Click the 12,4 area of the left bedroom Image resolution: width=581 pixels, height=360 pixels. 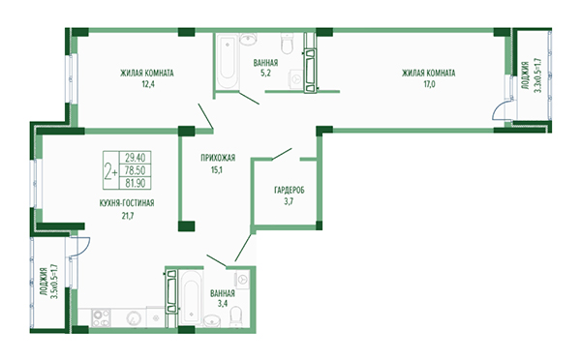coord(147,84)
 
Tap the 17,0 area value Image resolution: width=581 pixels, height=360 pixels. coord(429,84)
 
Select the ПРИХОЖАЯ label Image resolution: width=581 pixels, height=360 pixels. coord(218,158)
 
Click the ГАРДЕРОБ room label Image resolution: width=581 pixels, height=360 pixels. coord(290,191)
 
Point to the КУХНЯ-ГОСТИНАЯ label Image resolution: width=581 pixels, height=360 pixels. coord(127,203)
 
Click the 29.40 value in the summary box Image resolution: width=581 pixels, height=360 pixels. coord(135,158)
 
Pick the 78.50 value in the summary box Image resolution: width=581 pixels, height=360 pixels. coord(135,170)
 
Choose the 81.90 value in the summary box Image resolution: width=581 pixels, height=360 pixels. coord(135,183)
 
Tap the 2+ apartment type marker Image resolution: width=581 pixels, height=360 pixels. coord(110,171)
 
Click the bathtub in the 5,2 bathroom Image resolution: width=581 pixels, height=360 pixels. coord(228,62)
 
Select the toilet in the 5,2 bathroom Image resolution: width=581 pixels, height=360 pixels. coord(288,43)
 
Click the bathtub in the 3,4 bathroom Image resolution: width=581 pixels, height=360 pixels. coord(191,297)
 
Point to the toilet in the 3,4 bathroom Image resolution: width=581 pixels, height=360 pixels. coord(235,317)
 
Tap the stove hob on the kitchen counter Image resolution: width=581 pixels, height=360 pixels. coord(101,317)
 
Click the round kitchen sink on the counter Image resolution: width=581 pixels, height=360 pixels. coord(133,317)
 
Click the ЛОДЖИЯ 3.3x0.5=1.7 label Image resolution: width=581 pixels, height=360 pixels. coord(532,77)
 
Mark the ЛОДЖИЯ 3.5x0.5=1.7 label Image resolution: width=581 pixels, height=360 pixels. coord(49,284)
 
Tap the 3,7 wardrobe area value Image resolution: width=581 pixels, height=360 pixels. coord(289,202)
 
